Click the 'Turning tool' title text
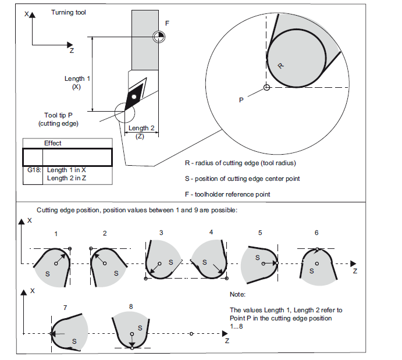[69, 12]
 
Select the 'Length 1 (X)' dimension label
[77, 82]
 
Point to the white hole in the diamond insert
[134, 95]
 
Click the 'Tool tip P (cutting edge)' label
[59, 119]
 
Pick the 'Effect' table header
[53, 143]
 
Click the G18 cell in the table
[33, 170]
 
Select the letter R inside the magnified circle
[280, 66]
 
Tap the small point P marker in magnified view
[266, 88]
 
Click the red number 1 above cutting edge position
[56, 233]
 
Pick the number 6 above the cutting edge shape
[316, 233]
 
